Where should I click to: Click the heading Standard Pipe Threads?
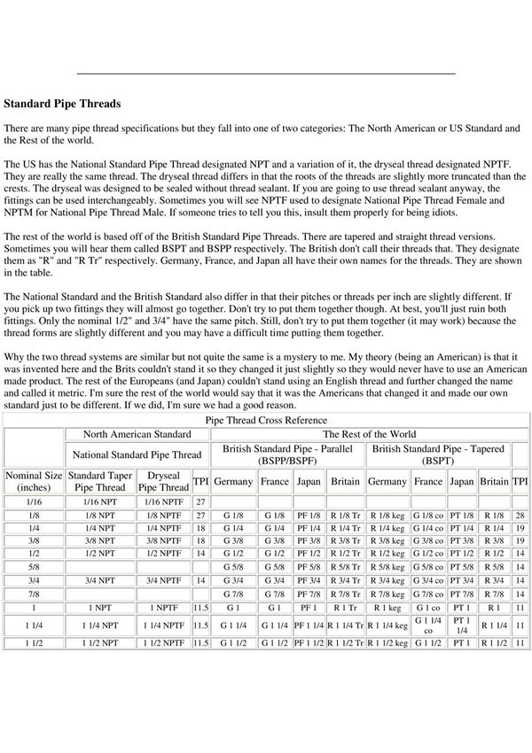click(62, 104)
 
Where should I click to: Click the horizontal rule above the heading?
click(266, 73)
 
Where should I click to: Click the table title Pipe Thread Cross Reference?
click(266, 419)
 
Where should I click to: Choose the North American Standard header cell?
click(137, 434)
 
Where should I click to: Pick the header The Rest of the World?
click(369, 434)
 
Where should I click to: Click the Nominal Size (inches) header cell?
click(34, 481)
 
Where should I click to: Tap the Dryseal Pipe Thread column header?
click(164, 481)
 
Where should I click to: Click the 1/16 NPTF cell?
click(164, 502)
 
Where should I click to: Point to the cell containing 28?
click(520, 515)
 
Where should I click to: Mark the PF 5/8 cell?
click(309, 564)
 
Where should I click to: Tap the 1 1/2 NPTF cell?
click(164, 640)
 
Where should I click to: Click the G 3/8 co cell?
click(427, 540)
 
